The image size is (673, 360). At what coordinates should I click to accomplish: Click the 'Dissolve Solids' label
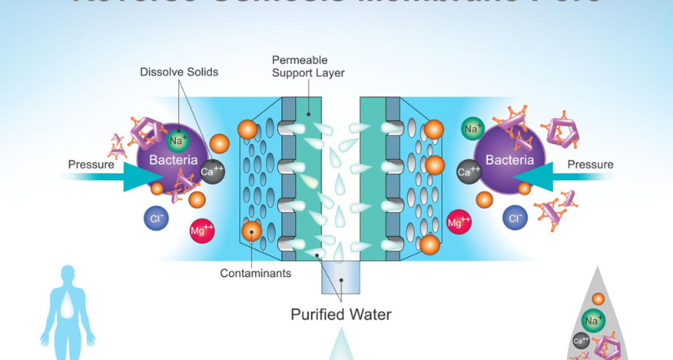click(x=179, y=72)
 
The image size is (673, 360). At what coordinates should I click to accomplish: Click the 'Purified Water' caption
click(x=340, y=314)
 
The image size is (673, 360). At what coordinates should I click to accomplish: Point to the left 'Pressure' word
click(x=90, y=165)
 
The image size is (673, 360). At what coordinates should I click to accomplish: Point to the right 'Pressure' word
click(x=590, y=165)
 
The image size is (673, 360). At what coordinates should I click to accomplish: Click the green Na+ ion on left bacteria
click(x=177, y=140)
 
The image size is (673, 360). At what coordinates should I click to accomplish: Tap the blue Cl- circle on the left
click(x=156, y=218)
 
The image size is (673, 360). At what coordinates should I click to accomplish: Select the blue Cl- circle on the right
click(x=515, y=218)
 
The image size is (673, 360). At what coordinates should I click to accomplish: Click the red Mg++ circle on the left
click(x=202, y=230)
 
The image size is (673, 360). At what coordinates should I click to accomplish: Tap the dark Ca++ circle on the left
click(x=211, y=171)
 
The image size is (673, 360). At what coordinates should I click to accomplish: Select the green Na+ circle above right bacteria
click(x=473, y=128)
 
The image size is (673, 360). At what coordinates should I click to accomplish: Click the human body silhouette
click(x=67, y=313)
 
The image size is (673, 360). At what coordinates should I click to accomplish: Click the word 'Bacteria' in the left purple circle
click(x=169, y=161)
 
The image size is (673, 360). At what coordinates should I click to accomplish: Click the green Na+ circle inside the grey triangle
click(x=593, y=320)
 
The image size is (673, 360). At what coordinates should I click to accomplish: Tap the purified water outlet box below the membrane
click(x=340, y=277)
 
